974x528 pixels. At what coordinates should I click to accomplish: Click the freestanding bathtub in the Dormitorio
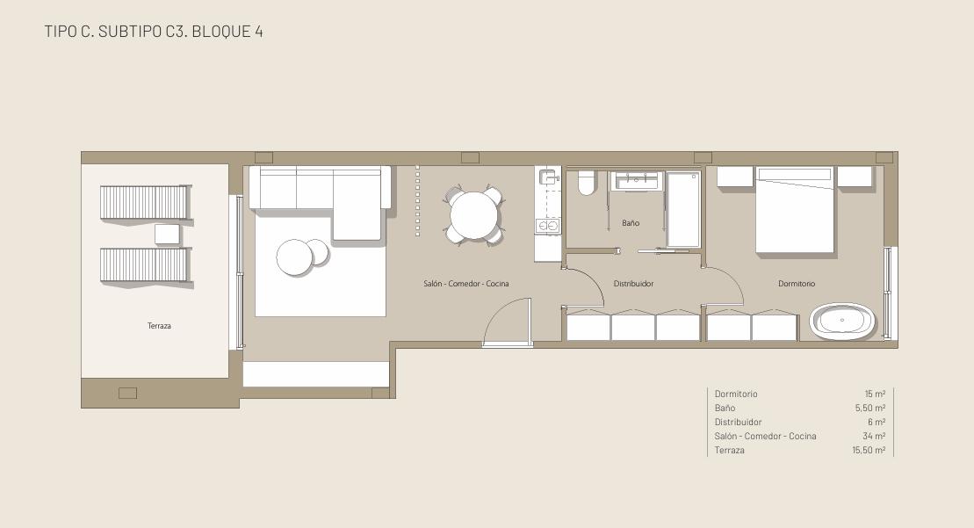(x=842, y=322)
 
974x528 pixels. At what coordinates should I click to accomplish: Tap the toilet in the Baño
(x=587, y=183)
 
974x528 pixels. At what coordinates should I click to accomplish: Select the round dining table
(x=474, y=215)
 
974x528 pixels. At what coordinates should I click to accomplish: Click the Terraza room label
(x=159, y=325)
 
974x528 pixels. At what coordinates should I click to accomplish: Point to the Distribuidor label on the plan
(x=633, y=284)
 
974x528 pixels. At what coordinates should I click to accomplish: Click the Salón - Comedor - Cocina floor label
(x=465, y=284)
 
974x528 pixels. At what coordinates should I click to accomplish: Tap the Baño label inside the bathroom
(x=631, y=223)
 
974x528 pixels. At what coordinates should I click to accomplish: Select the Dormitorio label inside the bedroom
(x=797, y=284)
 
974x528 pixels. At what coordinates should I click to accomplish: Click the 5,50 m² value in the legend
(x=869, y=409)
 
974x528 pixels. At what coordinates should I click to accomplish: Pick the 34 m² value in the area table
(x=873, y=436)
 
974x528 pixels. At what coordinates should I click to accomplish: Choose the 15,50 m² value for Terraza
(x=869, y=451)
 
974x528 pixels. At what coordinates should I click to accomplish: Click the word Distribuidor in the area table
(x=738, y=423)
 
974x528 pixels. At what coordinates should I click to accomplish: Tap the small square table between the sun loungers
(x=167, y=235)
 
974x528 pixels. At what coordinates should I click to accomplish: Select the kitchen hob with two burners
(x=548, y=226)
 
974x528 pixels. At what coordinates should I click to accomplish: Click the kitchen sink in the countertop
(x=548, y=177)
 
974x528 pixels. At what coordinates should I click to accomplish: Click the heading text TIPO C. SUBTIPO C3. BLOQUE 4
(x=154, y=31)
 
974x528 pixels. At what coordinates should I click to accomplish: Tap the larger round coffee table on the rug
(x=294, y=257)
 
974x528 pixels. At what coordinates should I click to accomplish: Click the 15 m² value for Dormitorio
(x=876, y=394)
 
